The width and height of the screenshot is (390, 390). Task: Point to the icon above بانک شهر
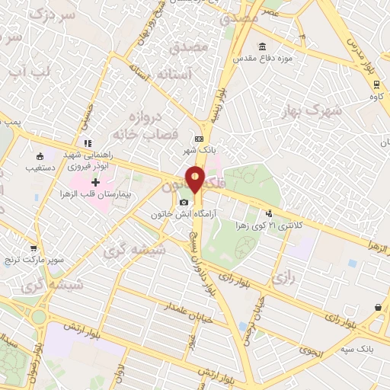(x=200, y=139)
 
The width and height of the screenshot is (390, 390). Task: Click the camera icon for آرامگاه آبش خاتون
(x=184, y=202)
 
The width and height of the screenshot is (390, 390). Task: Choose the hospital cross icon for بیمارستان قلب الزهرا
(x=95, y=183)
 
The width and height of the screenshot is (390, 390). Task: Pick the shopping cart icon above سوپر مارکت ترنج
(x=33, y=248)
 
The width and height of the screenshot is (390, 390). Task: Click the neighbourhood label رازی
(x=283, y=280)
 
